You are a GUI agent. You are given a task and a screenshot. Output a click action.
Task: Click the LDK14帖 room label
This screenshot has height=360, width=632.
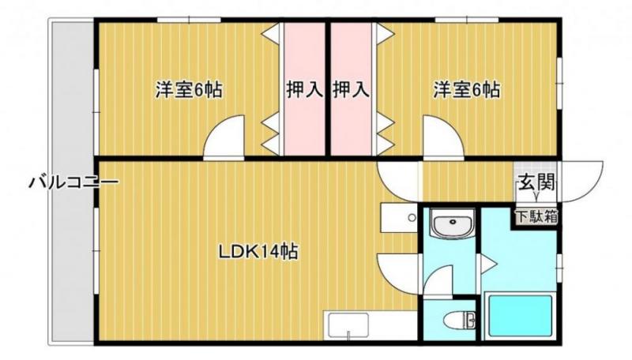click(x=258, y=252)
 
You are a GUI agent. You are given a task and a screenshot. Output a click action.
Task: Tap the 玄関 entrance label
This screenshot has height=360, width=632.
click(x=536, y=182)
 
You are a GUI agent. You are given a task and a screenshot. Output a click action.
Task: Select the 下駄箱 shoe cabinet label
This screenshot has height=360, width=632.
click(x=536, y=217)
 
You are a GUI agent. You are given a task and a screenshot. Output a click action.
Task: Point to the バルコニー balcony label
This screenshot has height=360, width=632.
click(x=73, y=182)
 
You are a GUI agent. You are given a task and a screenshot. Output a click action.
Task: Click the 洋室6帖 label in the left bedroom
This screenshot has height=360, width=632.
click(x=189, y=89)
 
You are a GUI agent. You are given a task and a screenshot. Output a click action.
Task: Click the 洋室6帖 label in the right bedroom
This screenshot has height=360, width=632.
click(x=467, y=89)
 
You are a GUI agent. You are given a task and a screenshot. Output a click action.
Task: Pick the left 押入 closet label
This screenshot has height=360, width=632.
click(x=305, y=89)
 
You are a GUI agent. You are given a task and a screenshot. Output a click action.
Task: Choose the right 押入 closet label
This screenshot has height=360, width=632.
click(x=351, y=89)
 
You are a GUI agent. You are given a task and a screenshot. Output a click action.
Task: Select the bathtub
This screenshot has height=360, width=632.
click(x=520, y=315)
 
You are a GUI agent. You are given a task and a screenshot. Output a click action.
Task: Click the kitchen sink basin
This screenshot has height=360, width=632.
click(x=348, y=325)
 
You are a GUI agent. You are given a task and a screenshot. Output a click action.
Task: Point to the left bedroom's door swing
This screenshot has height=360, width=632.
click(x=224, y=137)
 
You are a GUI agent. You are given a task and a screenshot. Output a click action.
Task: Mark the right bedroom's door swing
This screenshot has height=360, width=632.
click(x=444, y=137)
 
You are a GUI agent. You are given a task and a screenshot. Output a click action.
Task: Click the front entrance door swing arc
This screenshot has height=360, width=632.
click(x=581, y=182)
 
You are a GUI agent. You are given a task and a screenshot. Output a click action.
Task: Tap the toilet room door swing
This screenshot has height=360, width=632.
click(x=438, y=281)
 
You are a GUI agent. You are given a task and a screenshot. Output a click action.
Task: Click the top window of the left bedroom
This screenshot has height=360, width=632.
click(x=189, y=20)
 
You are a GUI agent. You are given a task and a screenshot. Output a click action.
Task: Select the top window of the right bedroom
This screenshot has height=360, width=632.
click(x=467, y=20)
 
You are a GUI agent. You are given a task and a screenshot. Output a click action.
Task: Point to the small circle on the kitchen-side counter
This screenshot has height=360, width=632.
click(x=412, y=218)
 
